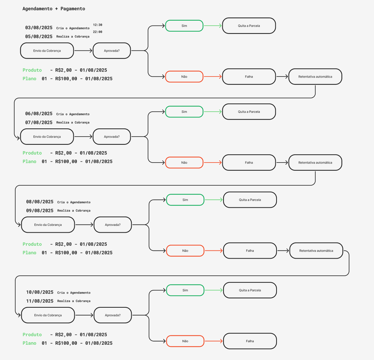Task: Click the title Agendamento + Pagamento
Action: pos(54,9)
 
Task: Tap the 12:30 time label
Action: pos(98,25)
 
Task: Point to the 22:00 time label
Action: pos(98,32)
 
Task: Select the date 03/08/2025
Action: pos(39,28)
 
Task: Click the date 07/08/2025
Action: pos(39,122)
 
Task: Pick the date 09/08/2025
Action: pos(40,211)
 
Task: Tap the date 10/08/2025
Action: pos(40,292)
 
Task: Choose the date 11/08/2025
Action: pos(40,301)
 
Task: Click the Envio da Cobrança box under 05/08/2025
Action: pos(47,51)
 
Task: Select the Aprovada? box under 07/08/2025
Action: pos(112,137)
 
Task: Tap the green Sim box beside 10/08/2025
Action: pos(185,290)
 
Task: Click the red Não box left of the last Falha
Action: pos(185,341)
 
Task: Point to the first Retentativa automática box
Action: pos(315,76)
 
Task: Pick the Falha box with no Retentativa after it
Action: pos(250,341)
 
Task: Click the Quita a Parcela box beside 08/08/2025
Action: pos(250,200)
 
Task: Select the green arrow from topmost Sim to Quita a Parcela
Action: pos(213,26)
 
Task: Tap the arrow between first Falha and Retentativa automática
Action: pos(282,76)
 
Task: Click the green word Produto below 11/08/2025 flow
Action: pos(32,334)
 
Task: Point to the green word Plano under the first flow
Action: pos(29,78)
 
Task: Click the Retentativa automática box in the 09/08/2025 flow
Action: pos(316,250)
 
